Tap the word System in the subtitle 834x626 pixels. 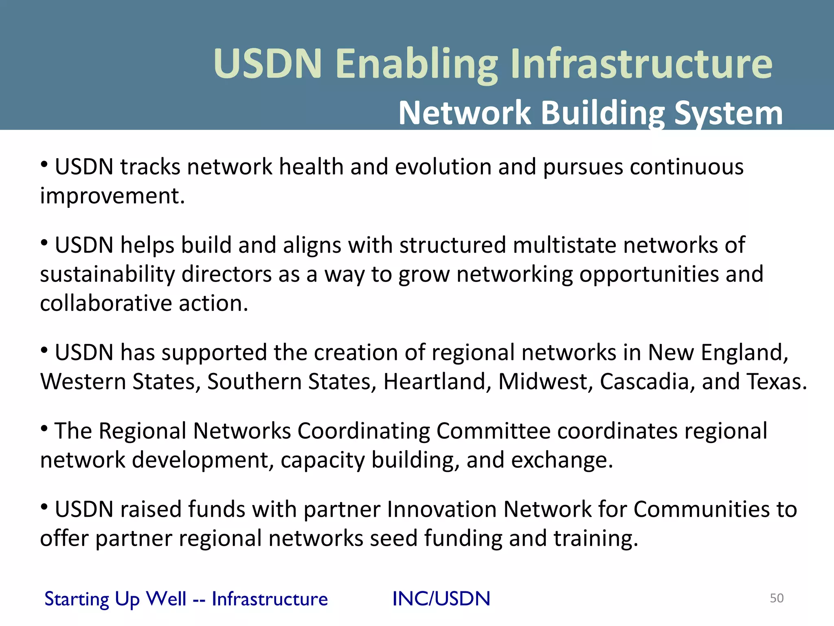(729, 113)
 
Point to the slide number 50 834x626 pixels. (777, 598)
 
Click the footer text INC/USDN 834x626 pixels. (441, 599)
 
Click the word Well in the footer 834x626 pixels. (166, 599)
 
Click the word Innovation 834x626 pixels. (441, 509)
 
